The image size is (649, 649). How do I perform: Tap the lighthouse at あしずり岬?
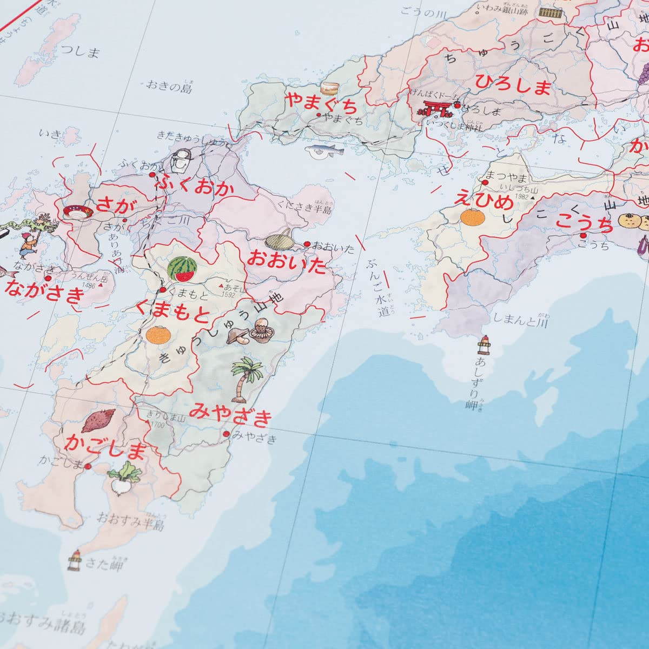click(x=483, y=345)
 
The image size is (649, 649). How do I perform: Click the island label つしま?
click(x=81, y=51)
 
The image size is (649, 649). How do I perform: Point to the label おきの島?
click(x=169, y=86)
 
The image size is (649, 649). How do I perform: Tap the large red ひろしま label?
click(x=513, y=85)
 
